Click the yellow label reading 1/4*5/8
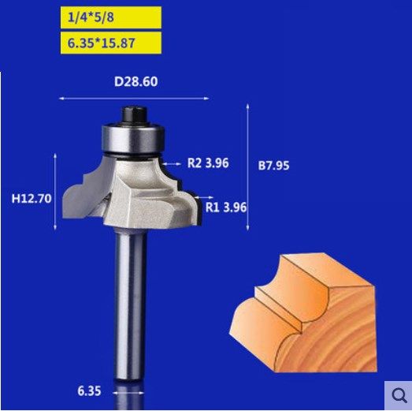pyautogui.click(x=110, y=17)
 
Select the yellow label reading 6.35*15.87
pyautogui.click(x=110, y=43)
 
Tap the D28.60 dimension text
pyautogui.click(x=134, y=81)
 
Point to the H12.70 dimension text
pyautogui.click(x=32, y=199)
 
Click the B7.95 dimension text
pyautogui.click(x=274, y=166)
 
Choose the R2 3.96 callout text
pyautogui.click(x=207, y=164)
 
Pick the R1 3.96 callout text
pyautogui.click(x=227, y=207)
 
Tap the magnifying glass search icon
pyautogui.click(x=397, y=394)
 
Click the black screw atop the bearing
pyautogui.click(x=131, y=116)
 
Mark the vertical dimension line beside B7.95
pyautogui.click(x=249, y=166)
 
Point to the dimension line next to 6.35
pyautogui.click(x=130, y=390)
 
